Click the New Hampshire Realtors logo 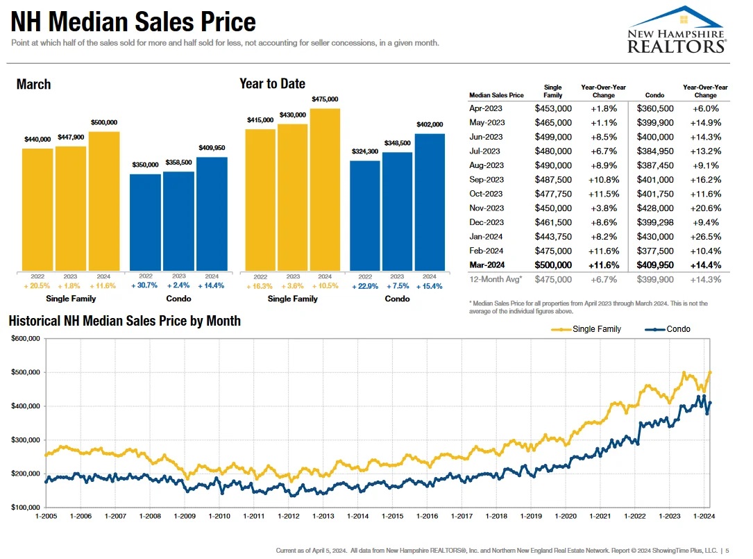[x=676, y=31]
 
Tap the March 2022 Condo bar [x=145, y=222]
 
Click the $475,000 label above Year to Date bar [x=325, y=100]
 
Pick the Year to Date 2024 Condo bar [x=430, y=201]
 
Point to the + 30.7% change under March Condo [x=145, y=285]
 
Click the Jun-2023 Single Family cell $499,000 [x=553, y=137]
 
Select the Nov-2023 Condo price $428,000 [x=655, y=208]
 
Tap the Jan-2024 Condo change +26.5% [x=705, y=236]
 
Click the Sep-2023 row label [x=486, y=179]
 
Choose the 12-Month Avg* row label [x=494, y=279]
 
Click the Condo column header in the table [x=654, y=95]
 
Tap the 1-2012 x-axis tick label [x=288, y=516]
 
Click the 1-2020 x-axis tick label [x=566, y=516]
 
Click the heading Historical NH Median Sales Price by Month [x=125, y=321]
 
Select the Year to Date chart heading [x=272, y=84]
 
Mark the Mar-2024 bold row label [x=487, y=265]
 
